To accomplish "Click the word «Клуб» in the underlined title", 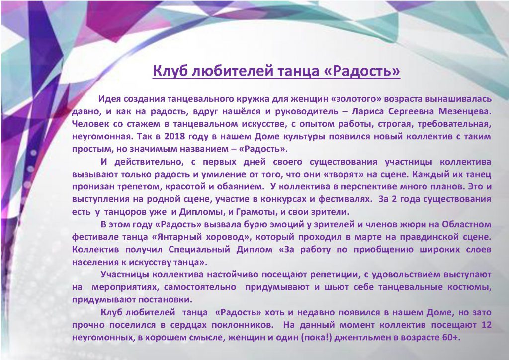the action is click(170, 71).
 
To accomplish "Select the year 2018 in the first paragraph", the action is click(174, 136).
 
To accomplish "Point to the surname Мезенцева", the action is click(465, 111).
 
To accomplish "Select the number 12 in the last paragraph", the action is click(486, 325).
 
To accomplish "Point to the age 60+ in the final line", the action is click(451, 337).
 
